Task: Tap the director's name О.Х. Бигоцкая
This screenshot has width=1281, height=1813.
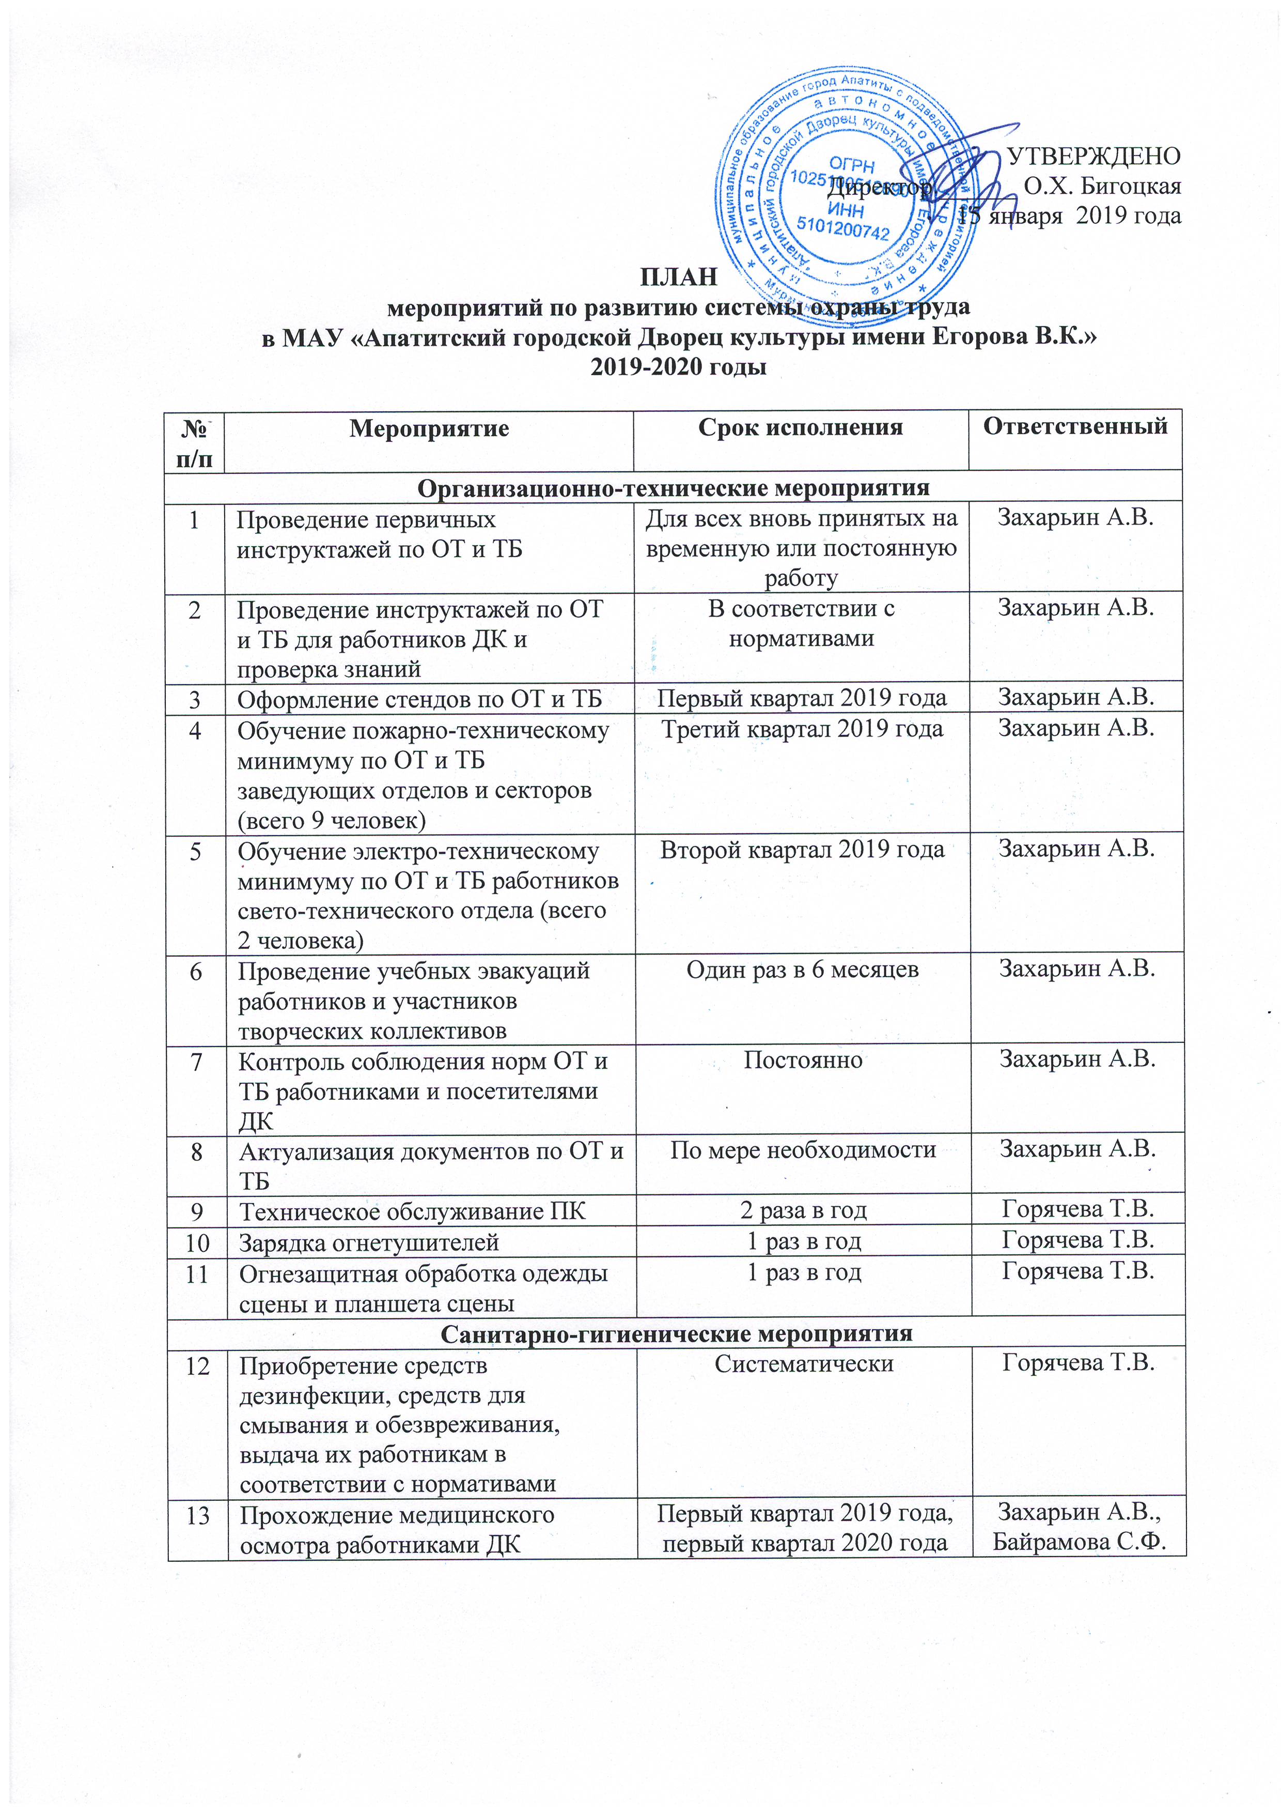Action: [1102, 187]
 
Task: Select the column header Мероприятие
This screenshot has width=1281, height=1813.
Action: [429, 429]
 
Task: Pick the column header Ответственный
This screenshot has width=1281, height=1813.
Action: [1075, 426]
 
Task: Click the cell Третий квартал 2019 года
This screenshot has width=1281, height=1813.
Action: [802, 728]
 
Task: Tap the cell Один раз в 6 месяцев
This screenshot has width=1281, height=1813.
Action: [802, 970]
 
